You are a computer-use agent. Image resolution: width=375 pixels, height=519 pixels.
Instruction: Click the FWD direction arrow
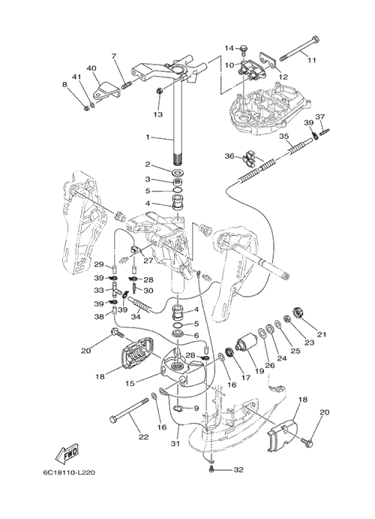(67, 453)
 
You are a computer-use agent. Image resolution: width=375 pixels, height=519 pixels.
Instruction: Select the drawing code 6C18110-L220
(68, 472)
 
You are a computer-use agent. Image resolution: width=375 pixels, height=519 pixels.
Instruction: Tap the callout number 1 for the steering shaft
(148, 137)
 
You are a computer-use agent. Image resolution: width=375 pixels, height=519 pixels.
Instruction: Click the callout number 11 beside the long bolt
(311, 60)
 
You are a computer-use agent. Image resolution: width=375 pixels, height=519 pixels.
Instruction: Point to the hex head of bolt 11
(315, 41)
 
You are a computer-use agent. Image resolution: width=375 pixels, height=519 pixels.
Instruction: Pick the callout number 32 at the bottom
(238, 469)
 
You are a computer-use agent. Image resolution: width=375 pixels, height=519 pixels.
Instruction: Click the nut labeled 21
(298, 312)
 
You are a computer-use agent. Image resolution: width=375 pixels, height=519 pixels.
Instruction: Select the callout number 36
(229, 155)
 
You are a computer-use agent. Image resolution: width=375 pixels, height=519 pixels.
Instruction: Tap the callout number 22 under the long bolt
(143, 437)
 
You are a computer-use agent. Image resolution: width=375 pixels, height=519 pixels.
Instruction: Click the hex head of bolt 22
(114, 420)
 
